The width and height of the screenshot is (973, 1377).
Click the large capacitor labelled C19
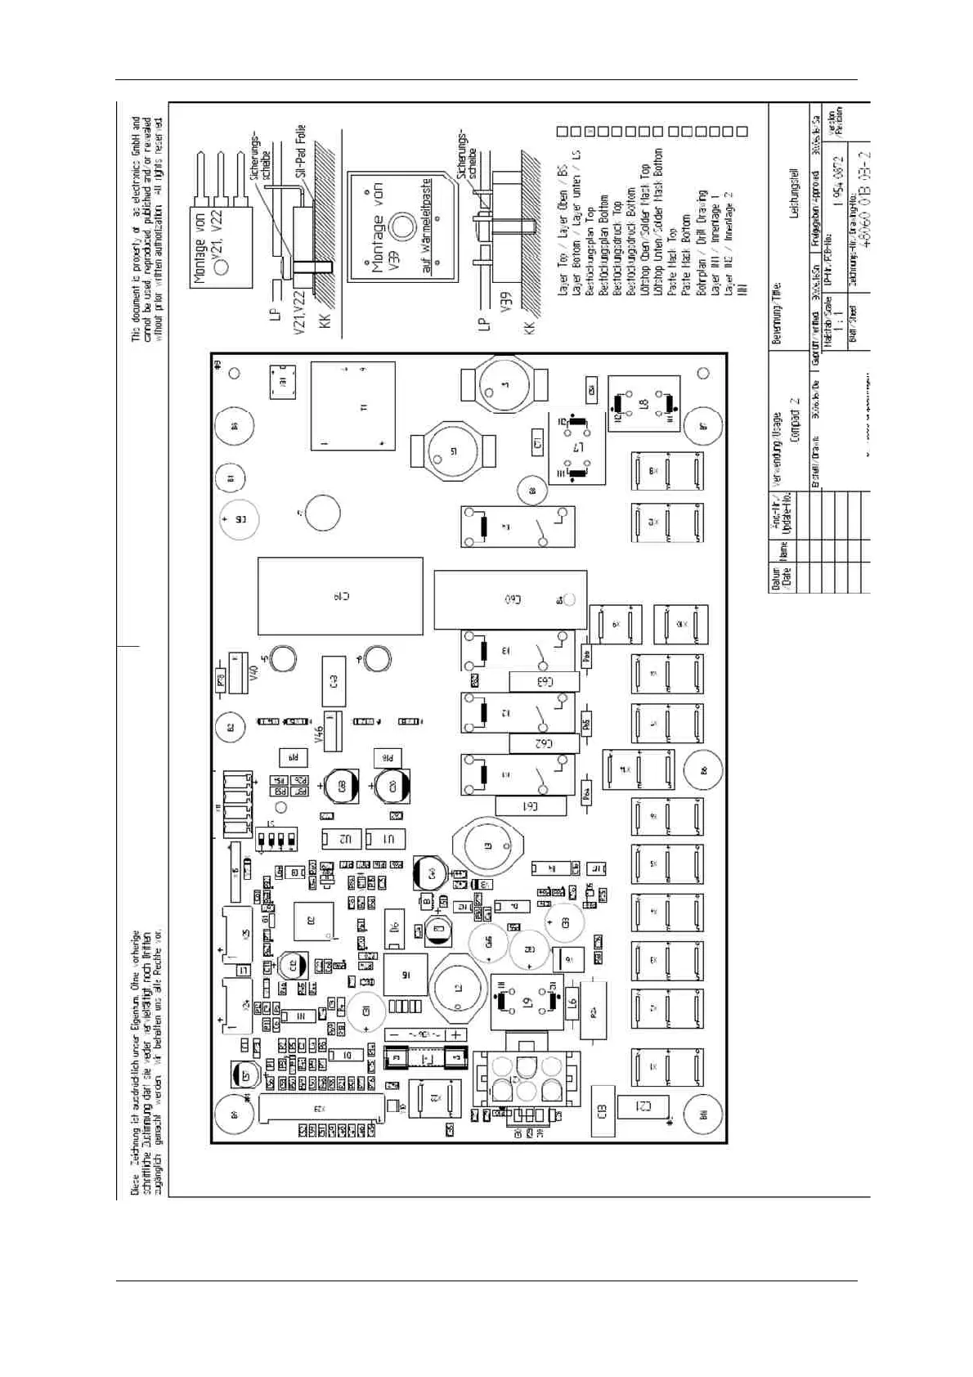pos(340,596)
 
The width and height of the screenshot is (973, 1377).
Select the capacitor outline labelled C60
pos(510,599)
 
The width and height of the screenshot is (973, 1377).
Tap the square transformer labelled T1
pos(352,406)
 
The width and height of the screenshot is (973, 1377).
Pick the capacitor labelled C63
pos(545,681)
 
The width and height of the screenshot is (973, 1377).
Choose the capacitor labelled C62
pos(544,743)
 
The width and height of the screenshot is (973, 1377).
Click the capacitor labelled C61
pos(531,806)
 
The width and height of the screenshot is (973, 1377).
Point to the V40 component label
pos(253,674)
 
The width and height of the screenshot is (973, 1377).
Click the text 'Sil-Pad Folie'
pos(301,152)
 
